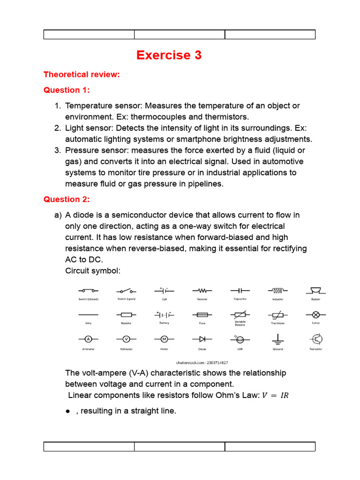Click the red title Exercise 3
(x=169, y=55)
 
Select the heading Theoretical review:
(x=82, y=74)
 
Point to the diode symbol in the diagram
(x=202, y=338)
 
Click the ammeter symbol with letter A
(x=88, y=338)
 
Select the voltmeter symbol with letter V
(x=126, y=338)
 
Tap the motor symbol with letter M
(x=164, y=338)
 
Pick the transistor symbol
(x=316, y=338)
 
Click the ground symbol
(x=278, y=338)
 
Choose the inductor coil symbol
(x=278, y=290)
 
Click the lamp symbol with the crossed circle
(x=316, y=314)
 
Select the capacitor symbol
(x=240, y=291)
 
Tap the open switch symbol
(x=126, y=291)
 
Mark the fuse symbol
(x=202, y=314)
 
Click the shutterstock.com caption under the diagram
(x=202, y=362)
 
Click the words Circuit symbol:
(x=93, y=270)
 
